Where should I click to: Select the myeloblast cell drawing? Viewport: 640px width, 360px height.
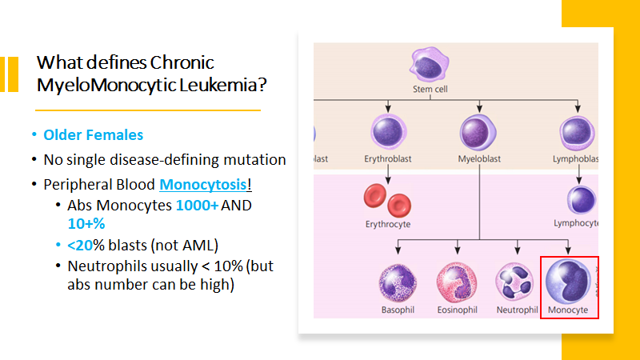pos(479,132)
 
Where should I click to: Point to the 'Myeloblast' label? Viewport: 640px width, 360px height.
pos(479,158)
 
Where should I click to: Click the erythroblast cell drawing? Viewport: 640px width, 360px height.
pos(389,132)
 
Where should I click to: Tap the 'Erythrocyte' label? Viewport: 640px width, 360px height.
pos(388,225)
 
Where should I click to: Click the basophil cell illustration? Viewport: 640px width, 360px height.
pos(399,283)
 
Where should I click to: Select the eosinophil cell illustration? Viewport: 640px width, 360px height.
pos(457,283)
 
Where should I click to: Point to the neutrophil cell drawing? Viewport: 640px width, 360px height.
pos(515,285)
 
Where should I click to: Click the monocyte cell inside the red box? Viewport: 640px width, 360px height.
pos(568,282)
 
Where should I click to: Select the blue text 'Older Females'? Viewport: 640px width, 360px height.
pos(94,135)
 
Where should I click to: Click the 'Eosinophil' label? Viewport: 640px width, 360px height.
pos(458,310)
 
